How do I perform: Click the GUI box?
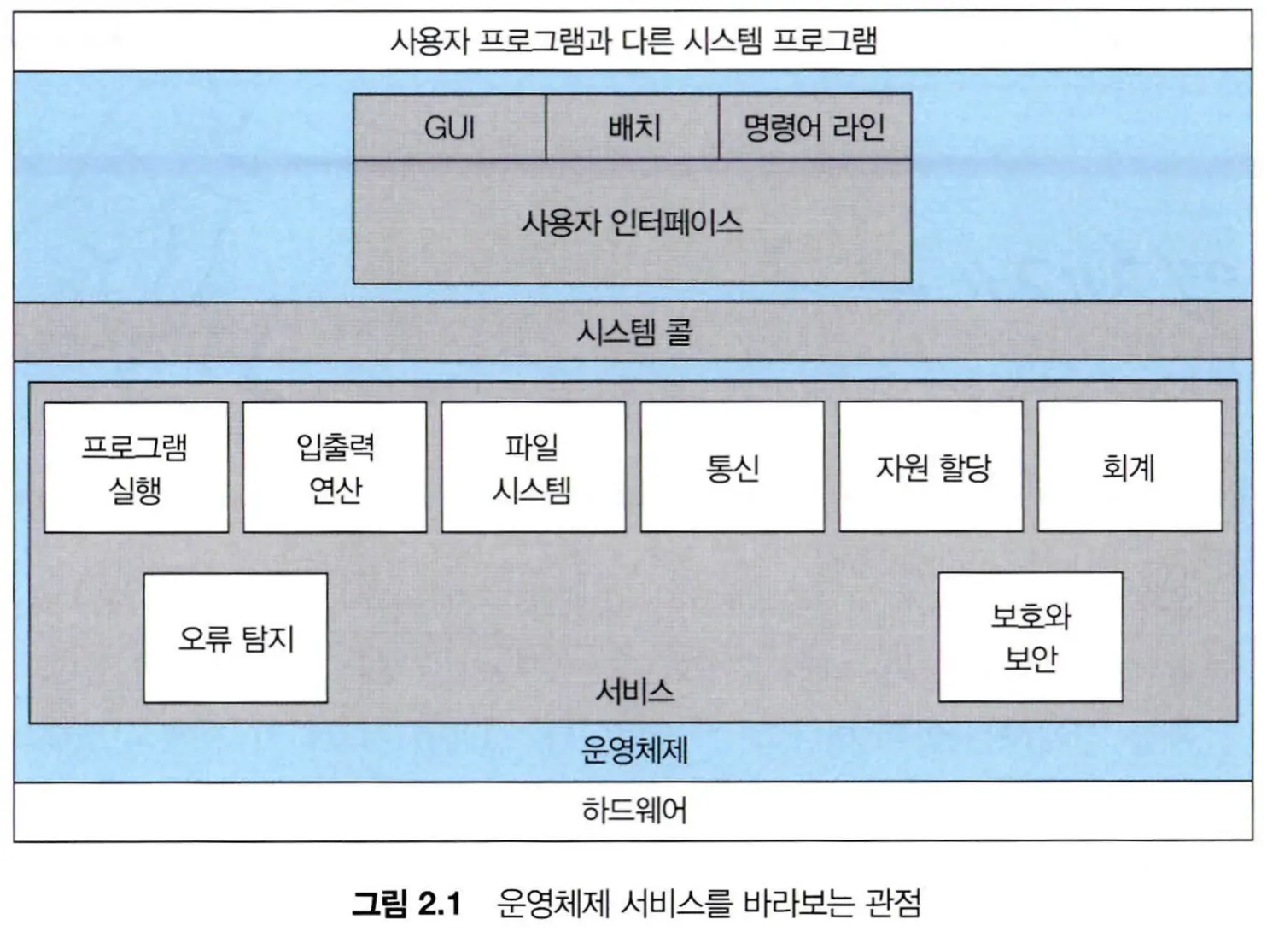pos(449,127)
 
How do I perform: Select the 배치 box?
pos(633,127)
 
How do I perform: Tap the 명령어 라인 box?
pos(814,127)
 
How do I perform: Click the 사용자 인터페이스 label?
pos(632,223)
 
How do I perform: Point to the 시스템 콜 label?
pos(633,331)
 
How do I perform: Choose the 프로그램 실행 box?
pos(136,468)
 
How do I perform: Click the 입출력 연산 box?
pos(335,468)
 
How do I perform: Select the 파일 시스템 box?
pos(533,468)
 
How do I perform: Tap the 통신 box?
pos(732,468)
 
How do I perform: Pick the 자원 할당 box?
pos(931,468)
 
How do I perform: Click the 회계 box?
pos(1129,468)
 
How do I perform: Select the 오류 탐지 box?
pos(236,638)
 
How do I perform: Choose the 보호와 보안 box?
pos(1031,637)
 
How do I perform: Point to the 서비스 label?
pos(634,690)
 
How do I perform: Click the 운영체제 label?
pos(634,750)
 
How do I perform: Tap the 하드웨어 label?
pos(634,810)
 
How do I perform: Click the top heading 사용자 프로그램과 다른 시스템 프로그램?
pos(633,40)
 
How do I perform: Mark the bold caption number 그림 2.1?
pos(406,903)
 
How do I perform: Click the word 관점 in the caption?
pos(893,903)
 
